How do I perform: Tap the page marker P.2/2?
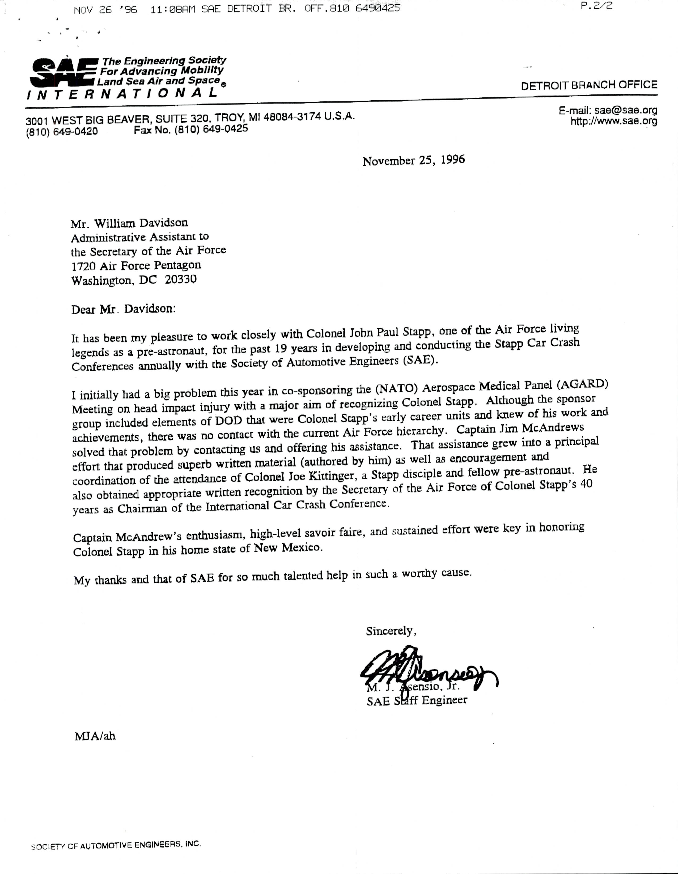[596, 6]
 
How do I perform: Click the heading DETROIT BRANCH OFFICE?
[589, 85]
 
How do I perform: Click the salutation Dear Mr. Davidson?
[123, 309]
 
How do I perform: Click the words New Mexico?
[288, 547]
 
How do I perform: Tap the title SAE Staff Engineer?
[417, 700]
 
